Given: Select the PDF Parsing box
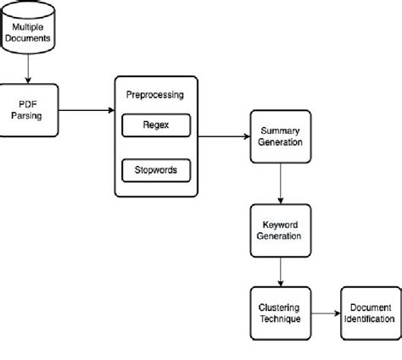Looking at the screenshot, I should [x=31, y=111].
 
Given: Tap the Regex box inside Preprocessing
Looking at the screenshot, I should [x=156, y=126].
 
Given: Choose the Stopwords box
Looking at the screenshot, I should [x=156, y=169].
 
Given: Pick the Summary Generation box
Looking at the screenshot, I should [x=280, y=137].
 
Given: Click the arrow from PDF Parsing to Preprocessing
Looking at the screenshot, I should [x=87, y=110].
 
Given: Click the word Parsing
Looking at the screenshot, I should [x=31, y=117].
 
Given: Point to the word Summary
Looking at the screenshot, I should [x=280, y=131].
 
